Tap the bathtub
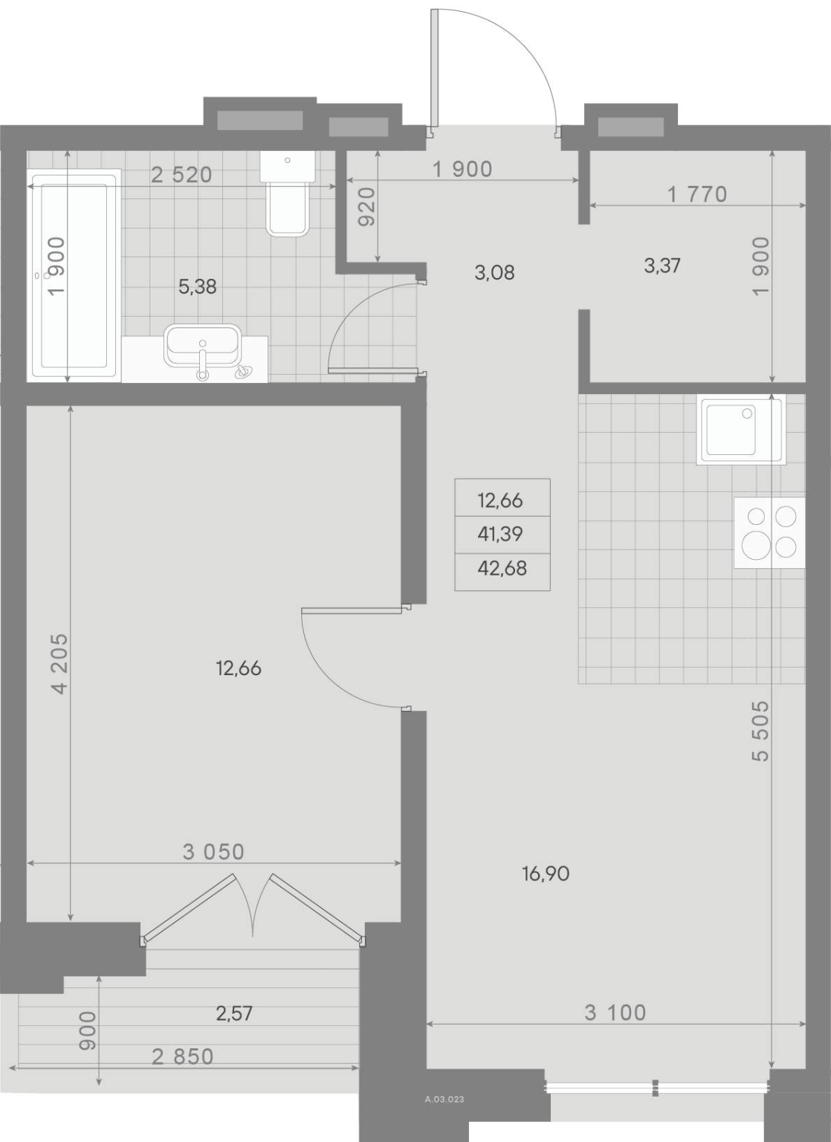(x=74, y=275)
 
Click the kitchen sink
(x=742, y=431)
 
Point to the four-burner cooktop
(x=769, y=533)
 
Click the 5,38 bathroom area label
(x=197, y=287)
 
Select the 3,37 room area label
(x=662, y=265)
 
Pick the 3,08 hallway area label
(x=494, y=273)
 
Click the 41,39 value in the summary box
(x=500, y=534)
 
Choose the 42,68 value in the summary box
(x=502, y=568)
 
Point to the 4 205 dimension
(x=59, y=664)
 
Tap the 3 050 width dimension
(x=213, y=852)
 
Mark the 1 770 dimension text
(x=697, y=194)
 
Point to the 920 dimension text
(x=366, y=207)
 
